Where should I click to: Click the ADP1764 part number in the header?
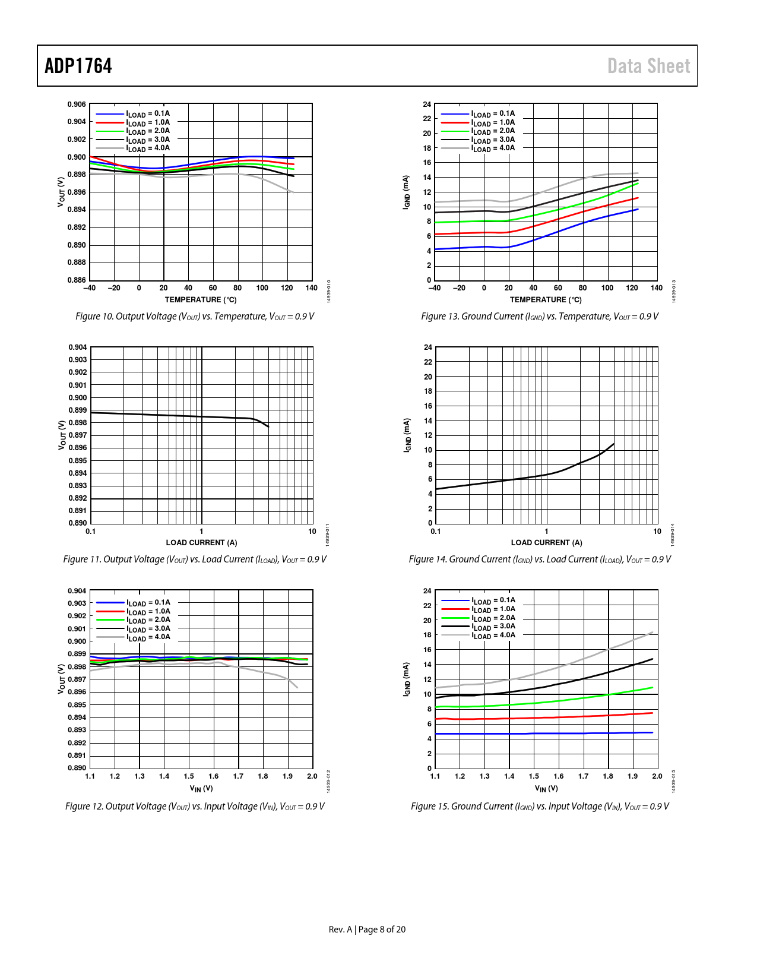78,66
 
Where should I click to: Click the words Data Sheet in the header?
648,66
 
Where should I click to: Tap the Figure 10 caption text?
195,317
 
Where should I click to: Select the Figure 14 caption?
540,559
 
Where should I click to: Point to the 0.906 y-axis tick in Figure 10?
77,105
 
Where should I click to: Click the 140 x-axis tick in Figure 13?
656,288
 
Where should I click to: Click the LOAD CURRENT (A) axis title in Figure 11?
201,543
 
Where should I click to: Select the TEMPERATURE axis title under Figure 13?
546,300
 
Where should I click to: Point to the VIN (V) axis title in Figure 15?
546,789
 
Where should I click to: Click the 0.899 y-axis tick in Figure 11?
78,410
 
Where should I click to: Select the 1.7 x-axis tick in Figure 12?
238,776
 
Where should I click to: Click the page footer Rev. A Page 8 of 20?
367,930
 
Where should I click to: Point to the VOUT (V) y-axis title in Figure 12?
61,679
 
